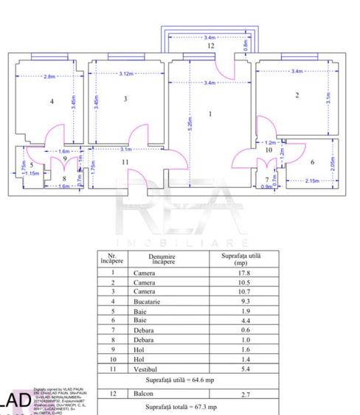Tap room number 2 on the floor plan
click(x=297, y=95)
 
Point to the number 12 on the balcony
click(x=210, y=46)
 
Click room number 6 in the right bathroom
click(x=312, y=162)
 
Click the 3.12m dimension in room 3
click(x=125, y=74)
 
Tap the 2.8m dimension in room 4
click(x=49, y=77)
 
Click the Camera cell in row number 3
click(x=145, y=292)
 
